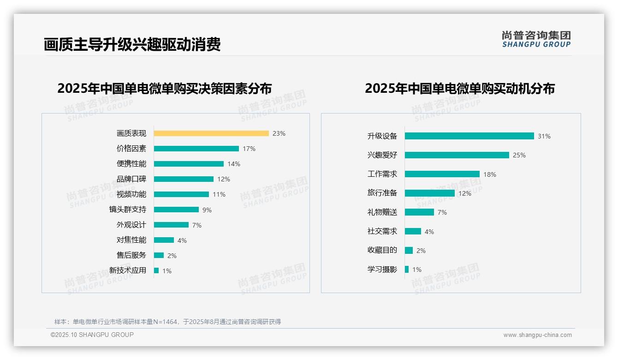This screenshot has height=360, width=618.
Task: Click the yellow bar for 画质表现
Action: (x=211, y=133)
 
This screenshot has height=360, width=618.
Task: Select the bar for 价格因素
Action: (x=196, y=149)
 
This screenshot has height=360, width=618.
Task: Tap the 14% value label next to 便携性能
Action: (x=233, y=164)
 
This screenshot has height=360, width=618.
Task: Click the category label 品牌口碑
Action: (x=131, y=179)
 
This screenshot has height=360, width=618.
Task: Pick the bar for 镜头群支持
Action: (x=176, y=210)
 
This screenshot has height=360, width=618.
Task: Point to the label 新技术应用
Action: (x=127, y=270)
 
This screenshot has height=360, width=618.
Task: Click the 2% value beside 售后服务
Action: (x=172, y=256)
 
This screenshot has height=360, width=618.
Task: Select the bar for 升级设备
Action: (x=469, y=136)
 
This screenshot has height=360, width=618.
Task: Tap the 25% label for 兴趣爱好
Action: (x=519, y=155)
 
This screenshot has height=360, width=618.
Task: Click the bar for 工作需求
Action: (x=442, y=174)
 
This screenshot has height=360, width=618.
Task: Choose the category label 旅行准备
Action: (x=382, y=193)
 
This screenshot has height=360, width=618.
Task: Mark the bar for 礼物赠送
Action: (x=419, y=212)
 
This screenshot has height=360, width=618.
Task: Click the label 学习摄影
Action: (x=382, y=270)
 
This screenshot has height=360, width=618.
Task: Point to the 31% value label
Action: (x=544, y=136)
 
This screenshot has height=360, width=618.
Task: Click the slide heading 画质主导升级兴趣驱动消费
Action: (x=132, y=44)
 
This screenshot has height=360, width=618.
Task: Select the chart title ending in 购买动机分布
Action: (x=459, y=88)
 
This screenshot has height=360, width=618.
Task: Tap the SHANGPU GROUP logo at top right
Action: (x=536, y=39)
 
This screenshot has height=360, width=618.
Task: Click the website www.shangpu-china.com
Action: (x=537, y=335)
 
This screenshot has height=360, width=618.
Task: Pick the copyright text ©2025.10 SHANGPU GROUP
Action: (x=92, y=335)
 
